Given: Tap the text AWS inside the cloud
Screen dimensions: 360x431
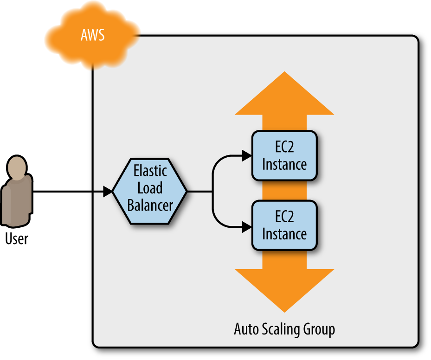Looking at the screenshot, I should click(x=92, y=35).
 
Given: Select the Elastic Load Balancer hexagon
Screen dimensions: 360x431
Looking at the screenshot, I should click(x=150, y=191).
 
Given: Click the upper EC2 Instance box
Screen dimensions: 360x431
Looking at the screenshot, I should click(x=284, y=156).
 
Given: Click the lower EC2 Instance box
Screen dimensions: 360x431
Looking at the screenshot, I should click(x=284, y=225).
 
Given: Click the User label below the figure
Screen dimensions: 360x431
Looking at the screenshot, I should click(x=17, y=239).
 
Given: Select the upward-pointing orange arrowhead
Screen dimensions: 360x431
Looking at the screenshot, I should click(x=284, y=95).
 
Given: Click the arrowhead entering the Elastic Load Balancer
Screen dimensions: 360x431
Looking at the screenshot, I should click(x=108, y=191).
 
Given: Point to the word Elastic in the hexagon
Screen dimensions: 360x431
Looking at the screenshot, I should click(x=150, y=171).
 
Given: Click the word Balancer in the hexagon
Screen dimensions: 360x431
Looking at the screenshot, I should click(x=150, y=205).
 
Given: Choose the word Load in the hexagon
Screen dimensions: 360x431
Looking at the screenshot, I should click(x=150, y=188).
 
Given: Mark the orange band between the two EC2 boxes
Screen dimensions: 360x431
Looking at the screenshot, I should click(x=284, y=191).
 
